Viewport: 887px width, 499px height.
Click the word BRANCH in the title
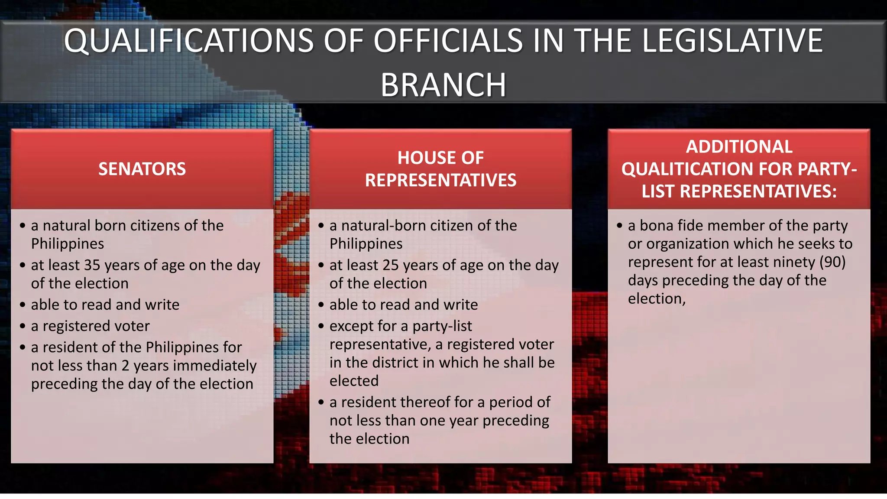[x=443, y=85]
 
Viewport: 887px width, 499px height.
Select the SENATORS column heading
[x=142, y=169]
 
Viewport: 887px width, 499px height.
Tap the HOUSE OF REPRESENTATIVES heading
[x=440, y=169]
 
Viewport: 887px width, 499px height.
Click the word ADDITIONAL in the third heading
[x=739, y=147]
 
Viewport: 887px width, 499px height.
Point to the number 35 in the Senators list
[x=92, y=265]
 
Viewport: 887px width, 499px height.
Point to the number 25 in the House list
[x=391, y=265]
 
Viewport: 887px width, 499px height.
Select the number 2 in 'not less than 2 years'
[x=125, y=366]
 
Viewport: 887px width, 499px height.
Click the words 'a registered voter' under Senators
[x=90, y=326]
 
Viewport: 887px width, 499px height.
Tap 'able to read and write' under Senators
[x=105, y=305]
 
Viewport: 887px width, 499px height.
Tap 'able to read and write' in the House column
[x=404, y=305]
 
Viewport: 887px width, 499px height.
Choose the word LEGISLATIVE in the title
[x=732, y=41]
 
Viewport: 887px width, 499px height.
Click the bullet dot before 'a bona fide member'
[x=619, y=226]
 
